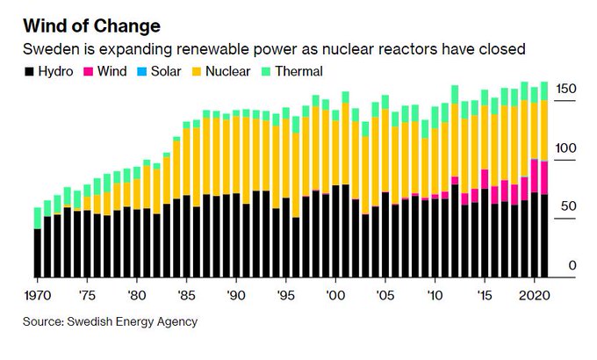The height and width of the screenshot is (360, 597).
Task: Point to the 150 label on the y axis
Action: [x=567, y=90]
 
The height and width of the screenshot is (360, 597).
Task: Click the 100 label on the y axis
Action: [x=567, y=149]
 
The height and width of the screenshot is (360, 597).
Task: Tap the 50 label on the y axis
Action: [x=568, y=206]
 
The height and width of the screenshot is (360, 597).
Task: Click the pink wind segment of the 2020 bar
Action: [x=535, y=176]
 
